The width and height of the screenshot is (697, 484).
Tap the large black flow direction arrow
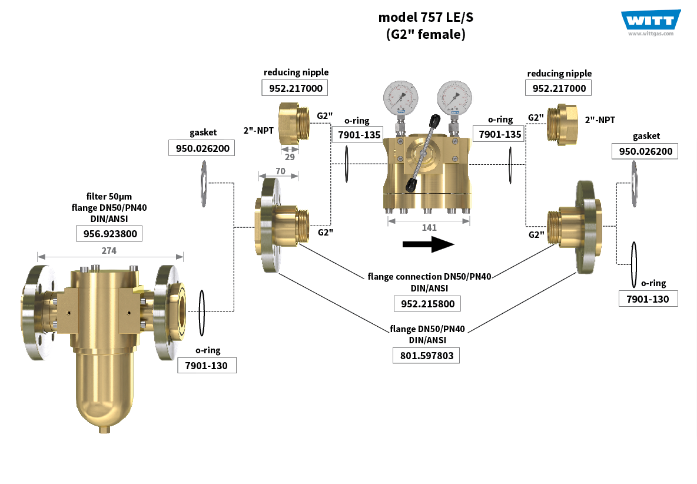pyautogui.click(x=429, y=244)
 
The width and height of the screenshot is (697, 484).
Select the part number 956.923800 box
pyautogui.click(x=109, y=234)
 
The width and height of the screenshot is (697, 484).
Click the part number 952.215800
pyautogui.click(x=427, y=303)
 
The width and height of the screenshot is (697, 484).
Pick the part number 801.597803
pyautogui.click(x=426, y=355)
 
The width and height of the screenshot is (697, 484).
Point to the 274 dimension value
pyautogui.click(x=109, y=250)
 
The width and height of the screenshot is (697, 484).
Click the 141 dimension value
pyautogui.click(x=429, y=227)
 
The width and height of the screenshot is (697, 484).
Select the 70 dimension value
pyautogui.click(x=280, y=171)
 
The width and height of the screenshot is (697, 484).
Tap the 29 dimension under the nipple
pyautogui.click(x=289, y=157)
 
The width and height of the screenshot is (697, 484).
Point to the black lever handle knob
pyautogui.click(x=435, y=121)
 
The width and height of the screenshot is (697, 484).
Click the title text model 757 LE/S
pyautogui.click(x=426, y=17)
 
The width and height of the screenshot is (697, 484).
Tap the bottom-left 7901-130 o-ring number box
pyautogui.click(x=207, y=365)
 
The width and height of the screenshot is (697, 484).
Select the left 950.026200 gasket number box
pyautogui.click(x=201, y=147)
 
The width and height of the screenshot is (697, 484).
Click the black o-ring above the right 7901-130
pyautogui.click(x=634, y=262)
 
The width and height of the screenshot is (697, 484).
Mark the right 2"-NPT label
pyautogui.click(x=600, y=120)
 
